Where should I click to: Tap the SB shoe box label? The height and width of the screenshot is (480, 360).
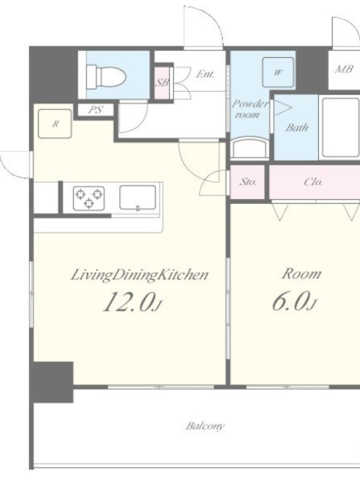pos(162,82)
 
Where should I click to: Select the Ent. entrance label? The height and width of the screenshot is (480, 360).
pos(205,74)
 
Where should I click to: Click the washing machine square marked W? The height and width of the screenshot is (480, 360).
pos(278,73)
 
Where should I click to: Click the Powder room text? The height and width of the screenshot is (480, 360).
pos(249,109)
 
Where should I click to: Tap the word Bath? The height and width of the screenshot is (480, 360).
pos(297,127)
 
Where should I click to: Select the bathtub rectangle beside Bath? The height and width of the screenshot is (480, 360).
pos(341,128)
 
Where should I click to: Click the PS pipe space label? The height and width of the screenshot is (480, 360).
pos(95,110)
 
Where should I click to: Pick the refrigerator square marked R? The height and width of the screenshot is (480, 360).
pos(55,124)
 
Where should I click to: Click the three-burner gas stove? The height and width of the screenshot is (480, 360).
pos(89,199)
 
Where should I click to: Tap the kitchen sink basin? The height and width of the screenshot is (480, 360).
pos(137,198)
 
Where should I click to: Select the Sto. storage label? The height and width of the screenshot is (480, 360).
pos(248,182)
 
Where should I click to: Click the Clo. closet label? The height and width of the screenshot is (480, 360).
pos(313,182)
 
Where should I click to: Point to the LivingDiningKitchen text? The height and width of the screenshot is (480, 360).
pos(140,275)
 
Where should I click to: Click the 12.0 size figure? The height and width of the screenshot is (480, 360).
pos(131,302)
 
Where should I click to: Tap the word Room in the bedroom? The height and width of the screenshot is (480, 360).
pos(302,274)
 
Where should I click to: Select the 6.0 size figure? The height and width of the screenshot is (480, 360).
pos(295,301)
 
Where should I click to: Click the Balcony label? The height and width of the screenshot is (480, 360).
pos(205,426)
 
